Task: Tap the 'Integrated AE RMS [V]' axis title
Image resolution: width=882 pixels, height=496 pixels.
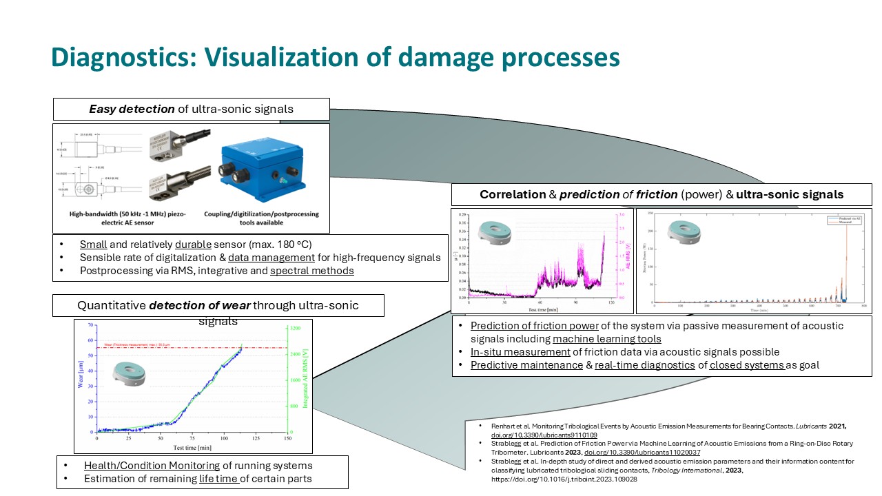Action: pyautogui.click(x=304, y=379)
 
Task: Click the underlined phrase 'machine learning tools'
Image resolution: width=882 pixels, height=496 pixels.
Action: pyautogui.click(x=607, y=339)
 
